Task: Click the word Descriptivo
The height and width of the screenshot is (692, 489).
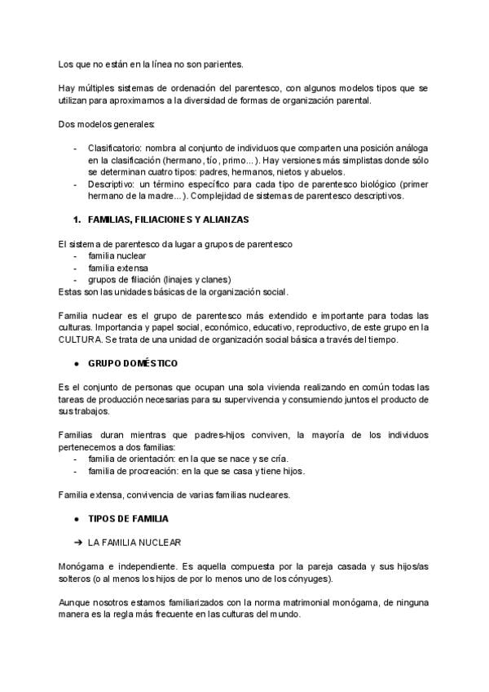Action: tap(111, 184)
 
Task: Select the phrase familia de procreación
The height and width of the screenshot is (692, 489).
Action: tap(132, 471)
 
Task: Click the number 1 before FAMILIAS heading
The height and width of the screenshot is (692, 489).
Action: tap(76, 220)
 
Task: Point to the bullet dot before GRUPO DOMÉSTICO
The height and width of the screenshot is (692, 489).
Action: tap(76, 362)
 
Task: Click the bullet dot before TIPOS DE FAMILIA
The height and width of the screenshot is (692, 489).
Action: tap(76, 518)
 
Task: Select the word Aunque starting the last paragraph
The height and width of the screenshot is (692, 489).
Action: tap(74, 601)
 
